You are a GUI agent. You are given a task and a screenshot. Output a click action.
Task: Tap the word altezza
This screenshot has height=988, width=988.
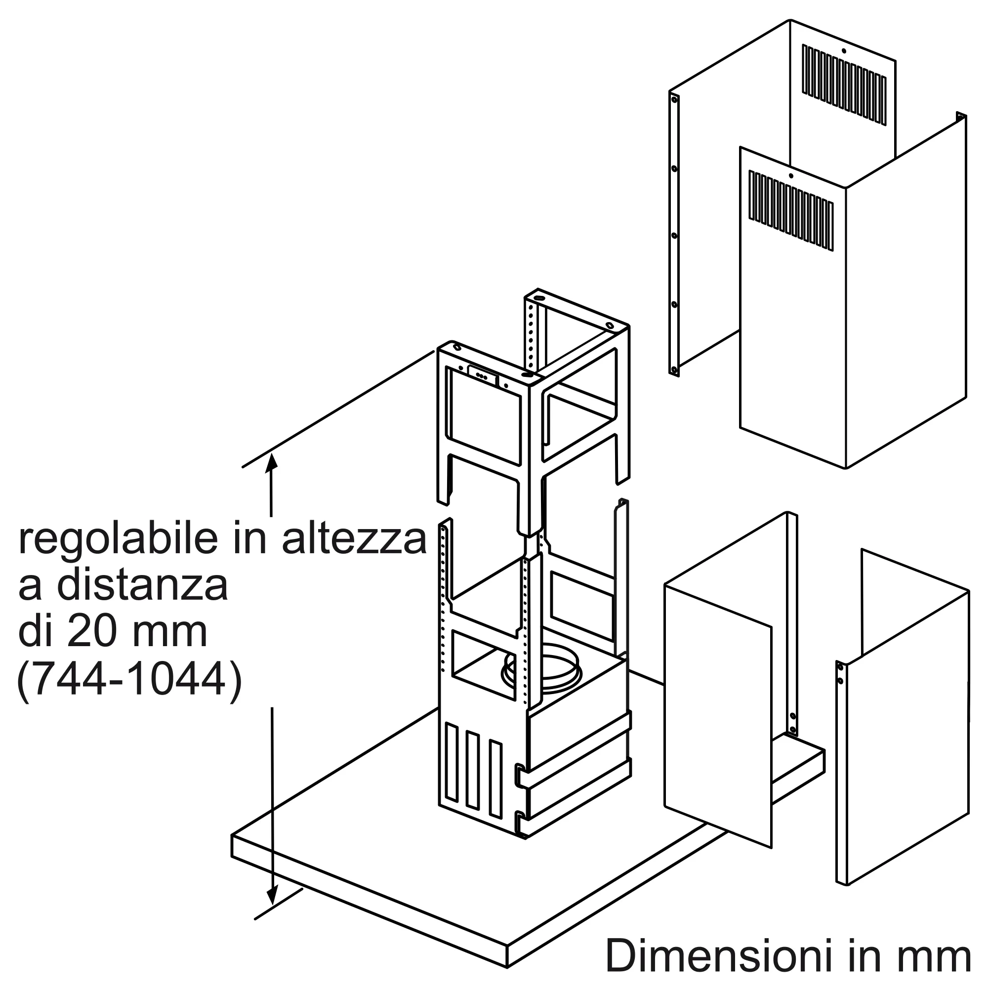coord(354,540)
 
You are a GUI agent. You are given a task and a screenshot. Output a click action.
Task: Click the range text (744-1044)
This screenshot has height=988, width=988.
coord(129,681)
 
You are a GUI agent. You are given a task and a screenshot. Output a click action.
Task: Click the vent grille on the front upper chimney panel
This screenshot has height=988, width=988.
coord(791,211)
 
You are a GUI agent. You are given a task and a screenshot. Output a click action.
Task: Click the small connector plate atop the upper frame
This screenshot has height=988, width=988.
coord(482,375)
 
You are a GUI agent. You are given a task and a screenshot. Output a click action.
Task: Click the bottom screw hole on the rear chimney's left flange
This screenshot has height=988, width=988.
coord(674,369)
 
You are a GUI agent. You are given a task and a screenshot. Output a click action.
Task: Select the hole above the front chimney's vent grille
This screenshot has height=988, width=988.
coord(790,176)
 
